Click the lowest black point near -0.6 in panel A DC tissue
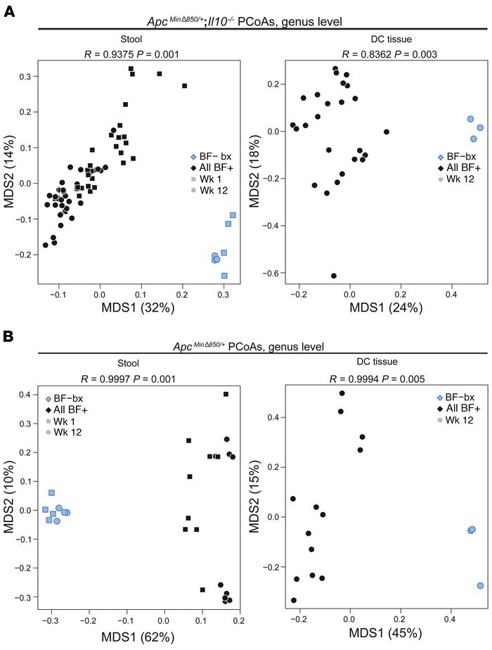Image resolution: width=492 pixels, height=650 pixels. (x=334, y=276)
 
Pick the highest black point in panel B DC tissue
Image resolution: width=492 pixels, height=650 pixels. (x=342, y=393)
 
